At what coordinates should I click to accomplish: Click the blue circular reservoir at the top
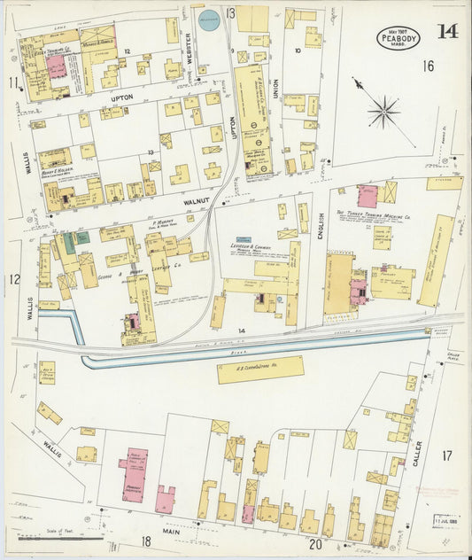(208, 20)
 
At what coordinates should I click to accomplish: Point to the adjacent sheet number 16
(429, 66)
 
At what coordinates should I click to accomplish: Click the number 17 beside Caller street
(447, 455)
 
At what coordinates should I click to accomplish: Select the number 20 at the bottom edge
(314, 543)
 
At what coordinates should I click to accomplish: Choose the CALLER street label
(417, 454)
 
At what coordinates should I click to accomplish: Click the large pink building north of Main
(133, 475)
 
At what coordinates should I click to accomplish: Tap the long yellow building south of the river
(260, 369)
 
